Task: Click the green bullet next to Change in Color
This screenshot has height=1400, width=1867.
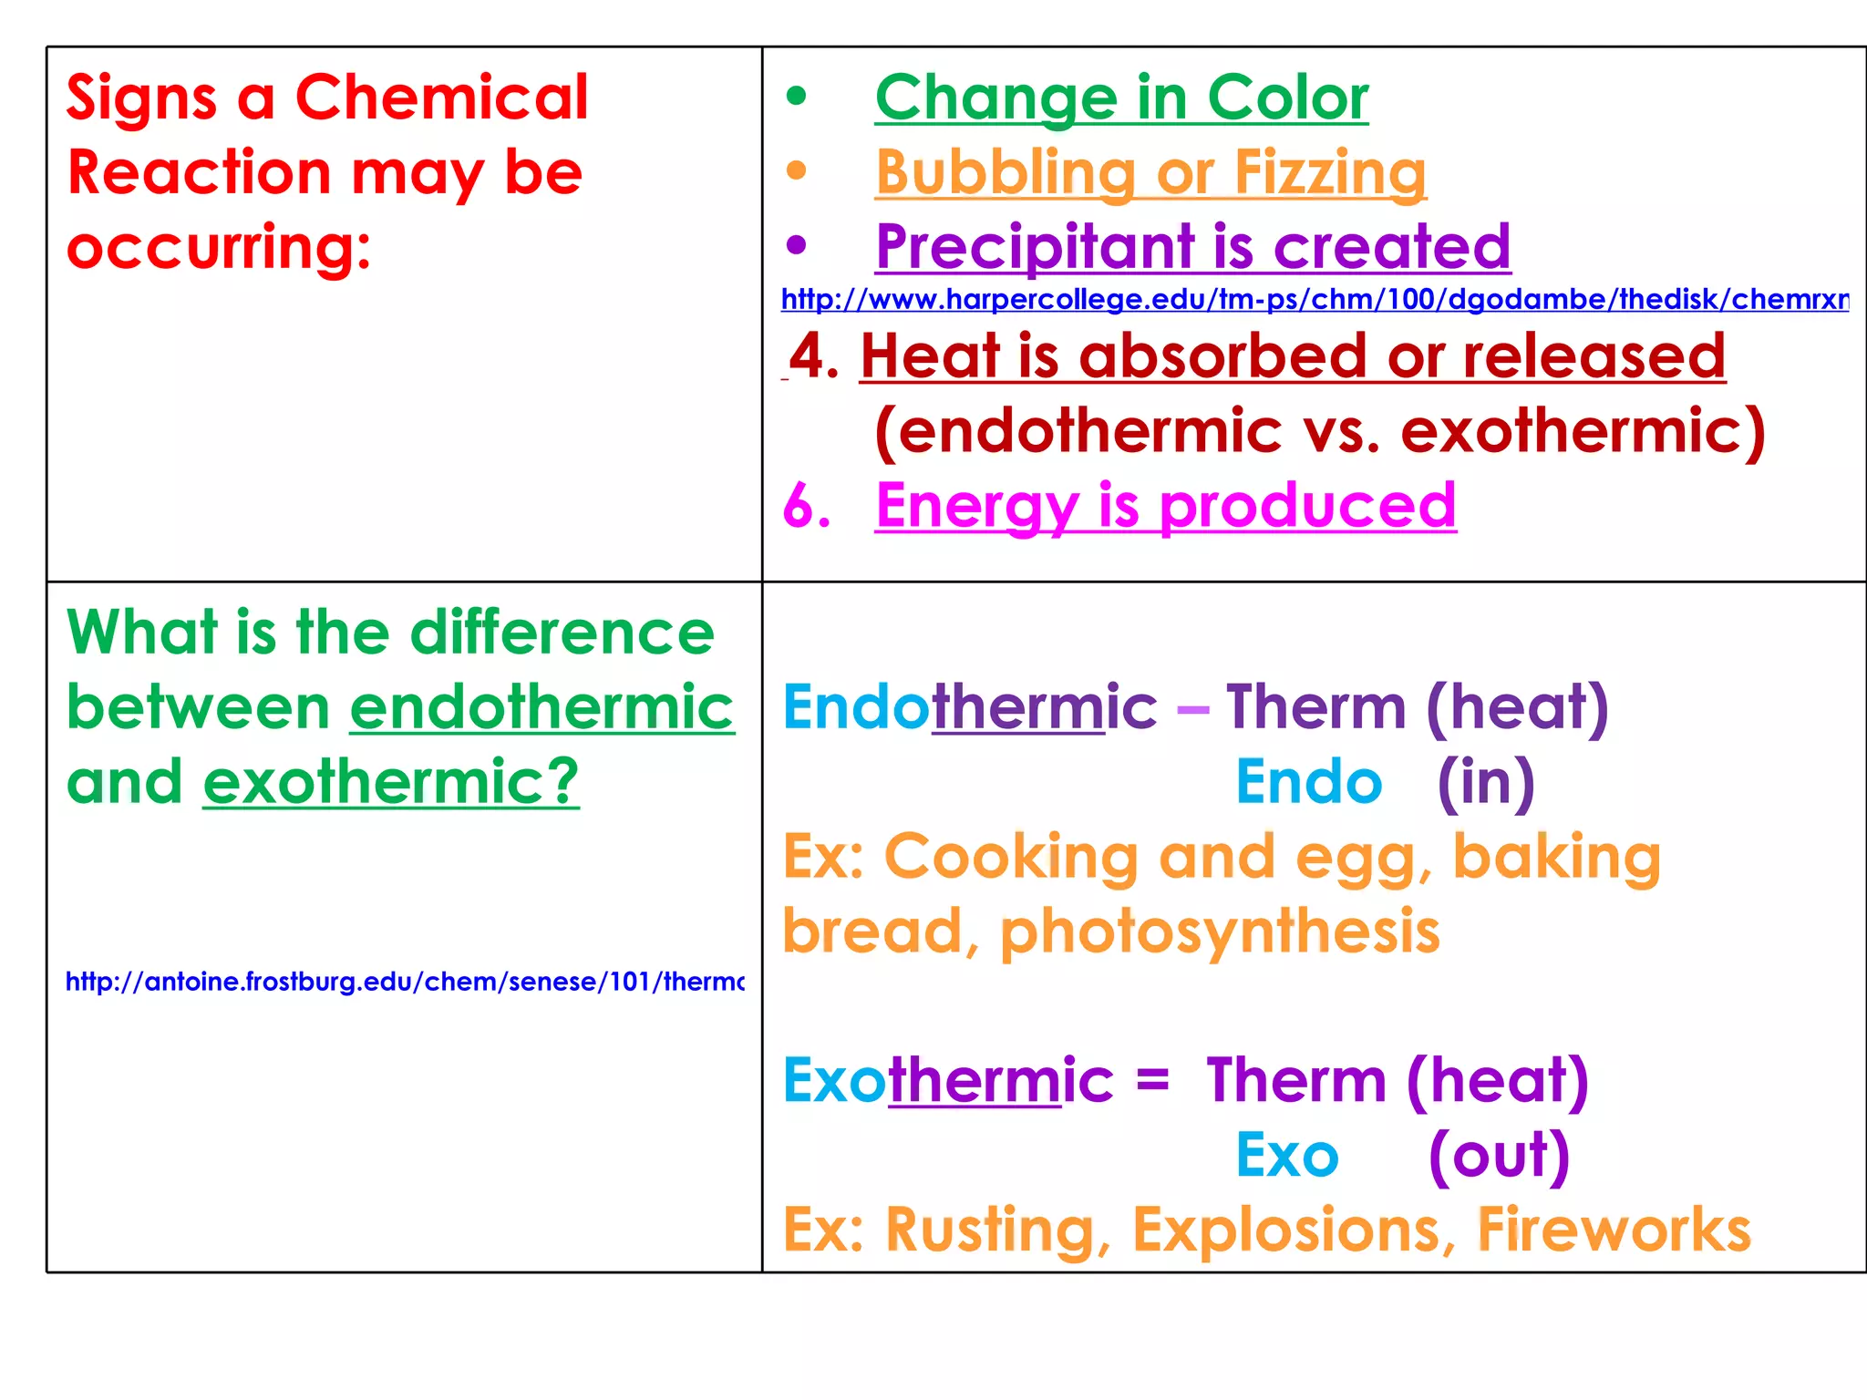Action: click(x=797, y=96)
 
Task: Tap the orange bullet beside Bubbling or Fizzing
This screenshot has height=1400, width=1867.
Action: click(x=797, y=170)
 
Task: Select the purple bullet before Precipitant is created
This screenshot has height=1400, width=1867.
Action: click(x=797, y=244)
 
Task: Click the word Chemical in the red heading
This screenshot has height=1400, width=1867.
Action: click(x=442, y=97)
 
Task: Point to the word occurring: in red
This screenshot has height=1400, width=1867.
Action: click(x=219, y=247)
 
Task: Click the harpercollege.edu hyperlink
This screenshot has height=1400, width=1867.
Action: click(x=1315, y=299)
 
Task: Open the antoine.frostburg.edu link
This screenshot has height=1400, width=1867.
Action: click(x=405, y=982)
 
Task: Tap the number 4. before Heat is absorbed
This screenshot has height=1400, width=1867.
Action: click(x=814, y=355)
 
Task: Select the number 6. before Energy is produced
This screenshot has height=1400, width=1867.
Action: click(x=807, y=505)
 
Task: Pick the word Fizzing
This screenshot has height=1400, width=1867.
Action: click(x=1330, y=172)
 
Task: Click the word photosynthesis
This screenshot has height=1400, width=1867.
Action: click(x=1220, y=932)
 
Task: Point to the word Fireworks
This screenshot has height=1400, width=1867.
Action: click(x=1614, y=1230)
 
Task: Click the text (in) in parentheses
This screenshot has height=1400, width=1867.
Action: click(x=1486, y=782)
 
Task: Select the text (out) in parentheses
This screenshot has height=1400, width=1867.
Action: click(x=1499, y=1155)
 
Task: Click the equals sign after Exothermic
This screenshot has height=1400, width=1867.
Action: click(x=1152, y=1081)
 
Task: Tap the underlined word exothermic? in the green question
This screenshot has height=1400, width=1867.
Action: click(x=391, y=782)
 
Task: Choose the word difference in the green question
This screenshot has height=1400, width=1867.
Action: click(x=562, y=633)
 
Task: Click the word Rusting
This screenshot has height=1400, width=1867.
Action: click(x=989, y=1230)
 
